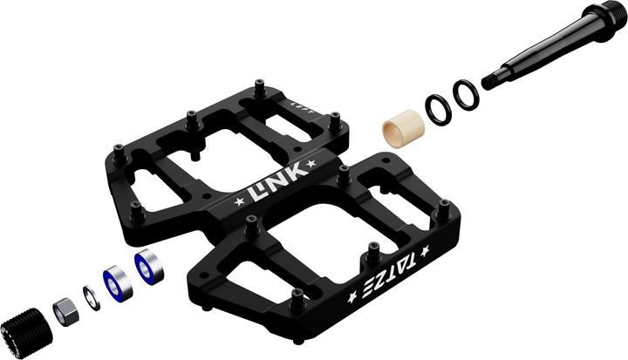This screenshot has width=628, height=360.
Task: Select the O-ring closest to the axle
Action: (466, 95)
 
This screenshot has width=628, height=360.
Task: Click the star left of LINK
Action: (240, 202)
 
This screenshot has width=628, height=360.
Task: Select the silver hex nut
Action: (63, 309)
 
